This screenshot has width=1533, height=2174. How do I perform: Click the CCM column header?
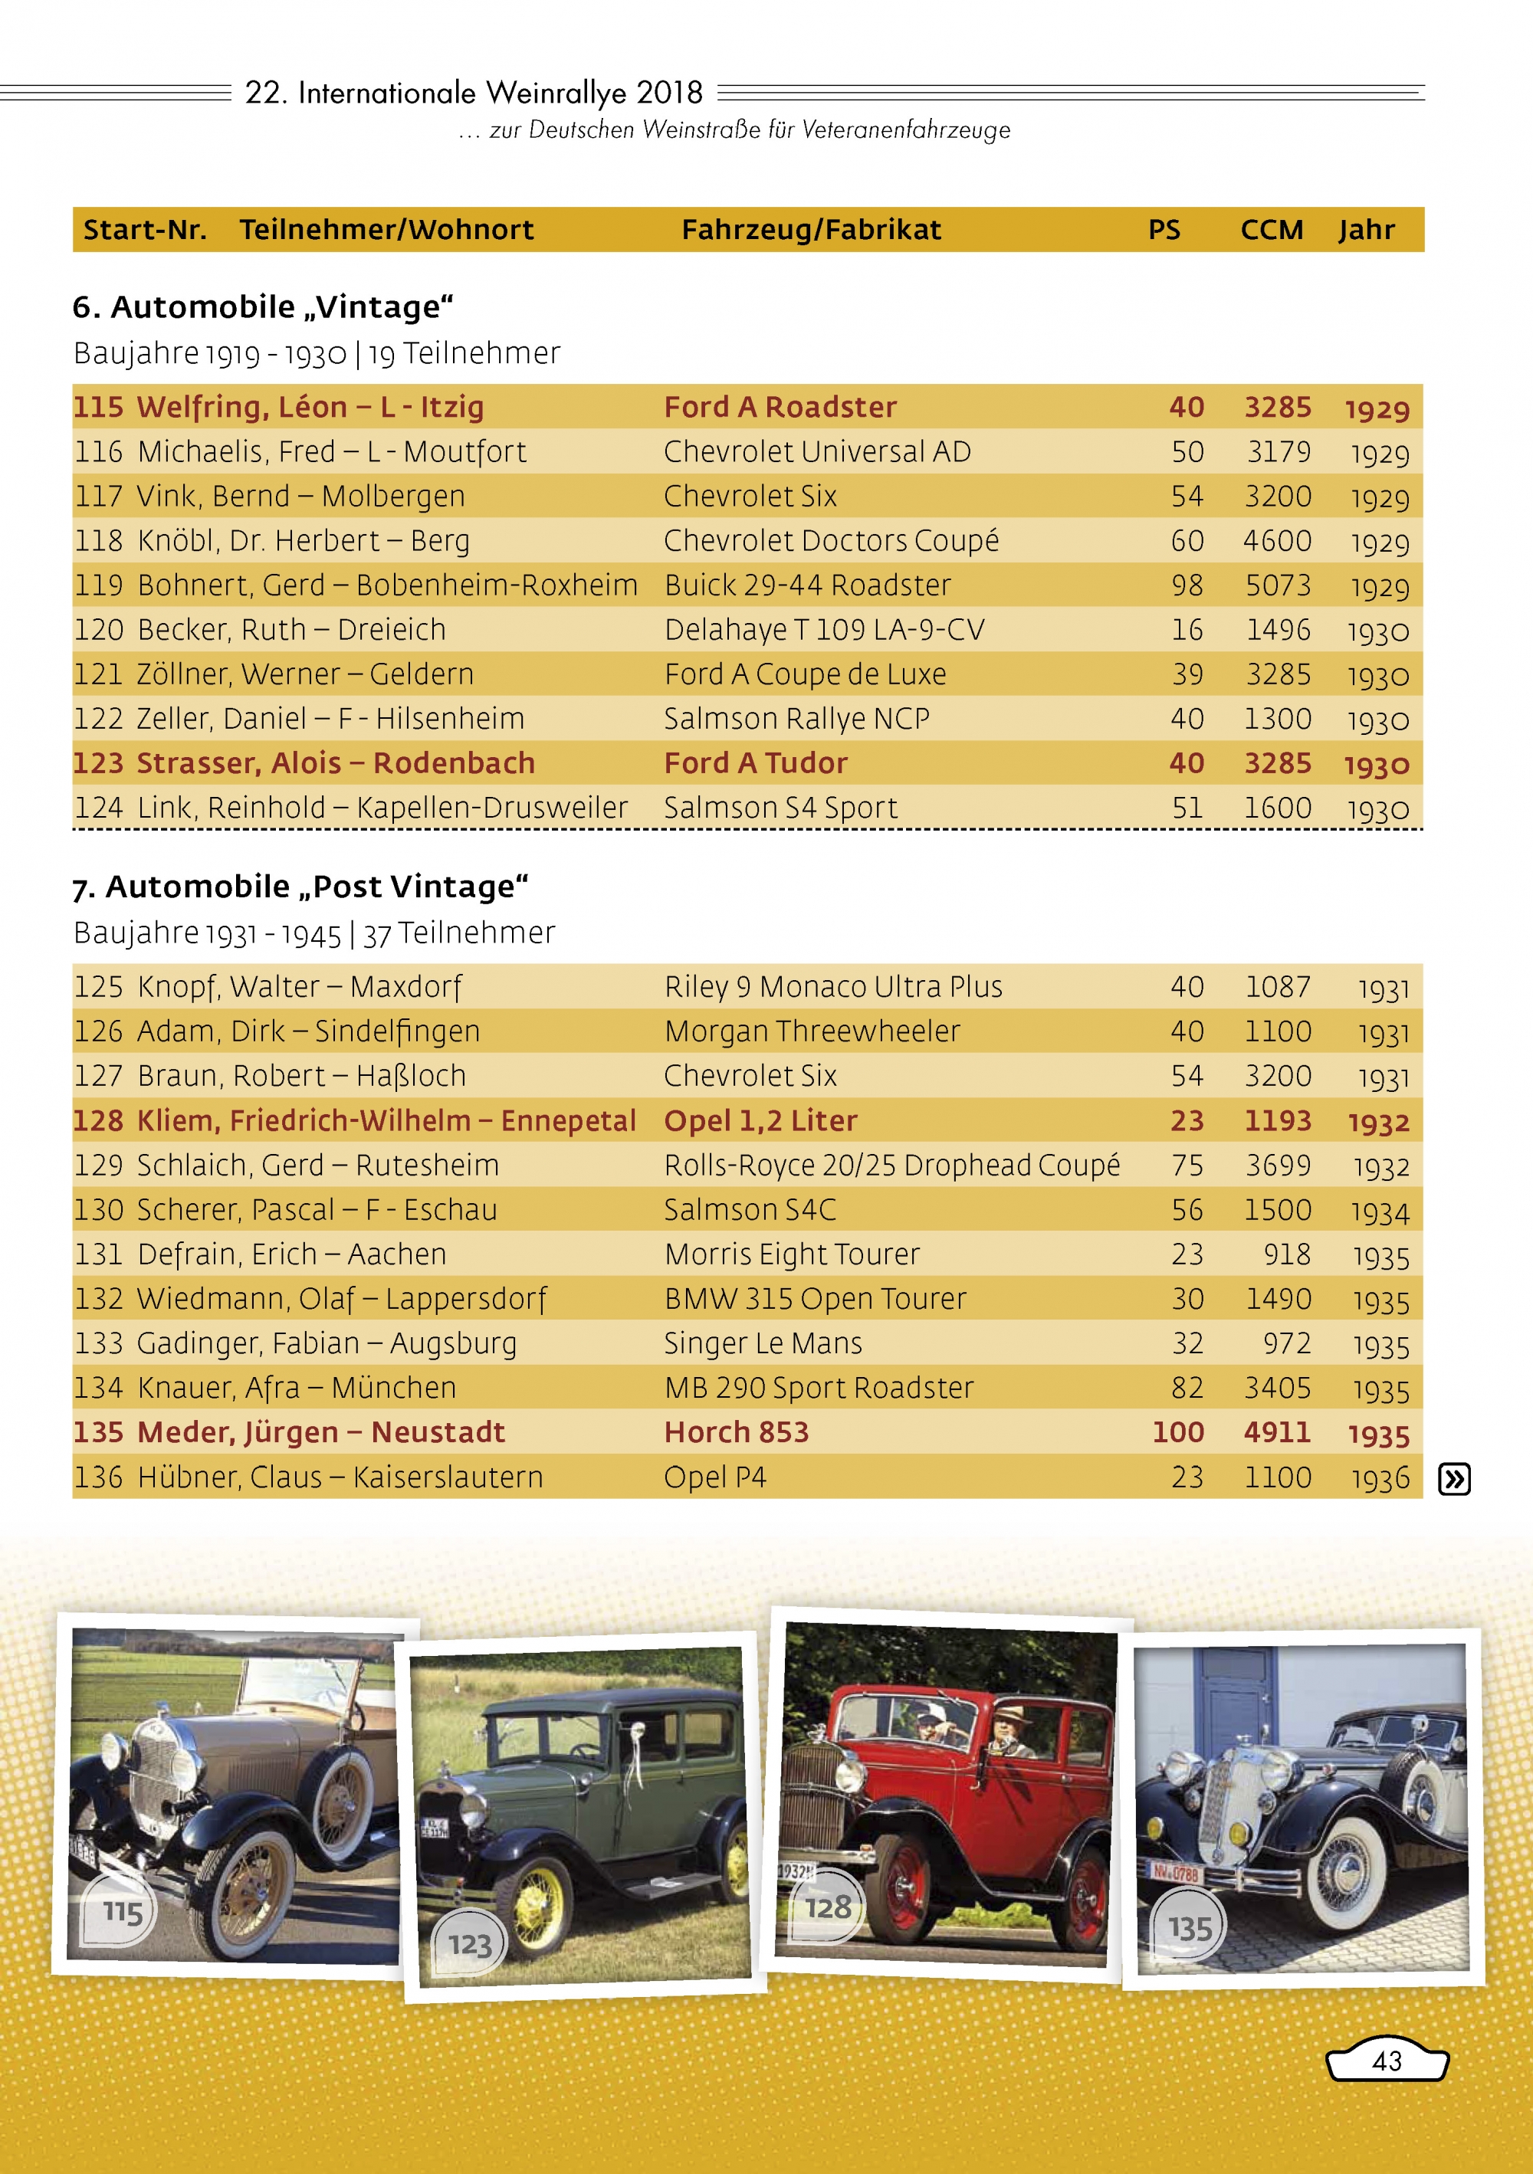tap(1271, 230)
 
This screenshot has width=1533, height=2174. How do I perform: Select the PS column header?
tap(1164, 230)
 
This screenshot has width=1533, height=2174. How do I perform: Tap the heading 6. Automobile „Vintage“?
tap(263, 307)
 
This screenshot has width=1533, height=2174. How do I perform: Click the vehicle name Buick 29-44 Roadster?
tap(807, 585)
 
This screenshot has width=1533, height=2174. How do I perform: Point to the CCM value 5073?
tap(1277, 585)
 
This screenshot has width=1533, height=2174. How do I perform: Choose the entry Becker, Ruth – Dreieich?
tap(291, 630)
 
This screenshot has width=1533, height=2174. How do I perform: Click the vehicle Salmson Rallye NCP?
tap(796, 719)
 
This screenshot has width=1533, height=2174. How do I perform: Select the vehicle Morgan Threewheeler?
tap(812, 1031)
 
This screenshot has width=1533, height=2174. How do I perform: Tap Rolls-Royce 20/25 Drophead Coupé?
tap(891, 1165)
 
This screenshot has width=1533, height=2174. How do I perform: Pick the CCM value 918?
tap(1287, 1254)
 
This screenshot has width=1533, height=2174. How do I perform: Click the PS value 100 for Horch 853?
tap(1177, 1431)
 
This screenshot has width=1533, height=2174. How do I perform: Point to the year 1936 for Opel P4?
tap(1380, 1478)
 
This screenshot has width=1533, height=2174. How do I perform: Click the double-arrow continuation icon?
tap(1453, 1478)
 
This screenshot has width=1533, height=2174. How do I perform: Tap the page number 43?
tap(1387, 2061)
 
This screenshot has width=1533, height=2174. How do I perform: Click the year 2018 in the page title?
tap(668, 93)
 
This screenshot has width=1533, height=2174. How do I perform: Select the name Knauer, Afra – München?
tap(297, 1388)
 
